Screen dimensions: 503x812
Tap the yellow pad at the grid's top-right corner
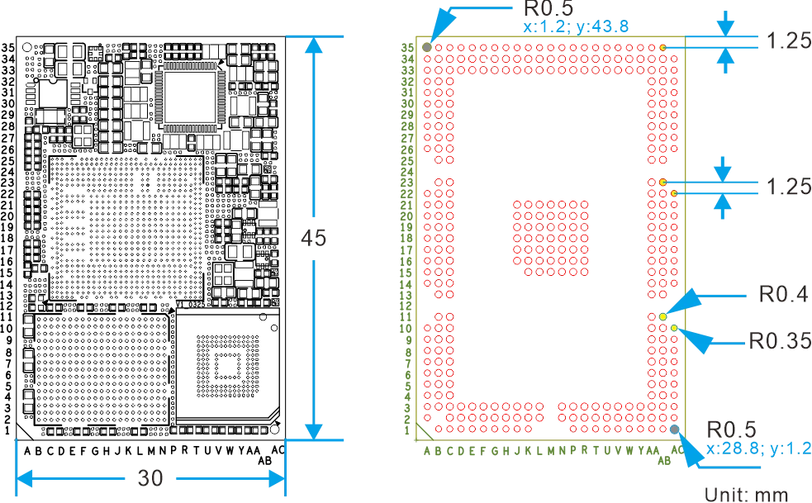(x=662, y=48)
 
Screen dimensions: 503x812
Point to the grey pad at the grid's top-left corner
(x=427, y=48)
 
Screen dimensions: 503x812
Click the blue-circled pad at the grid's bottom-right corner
(x=674, y=428)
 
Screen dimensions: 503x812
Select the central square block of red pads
(x=551, y=238)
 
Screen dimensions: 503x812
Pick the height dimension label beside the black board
(x=314, y=238)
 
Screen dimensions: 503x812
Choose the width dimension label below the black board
(x=149, y=478)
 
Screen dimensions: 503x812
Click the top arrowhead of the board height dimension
(x=312, y=48)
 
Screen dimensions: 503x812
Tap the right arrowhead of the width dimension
(x=274, y=478)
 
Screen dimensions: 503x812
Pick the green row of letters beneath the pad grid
(x=545, y=451)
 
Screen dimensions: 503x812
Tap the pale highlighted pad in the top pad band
(x=484, y=59)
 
